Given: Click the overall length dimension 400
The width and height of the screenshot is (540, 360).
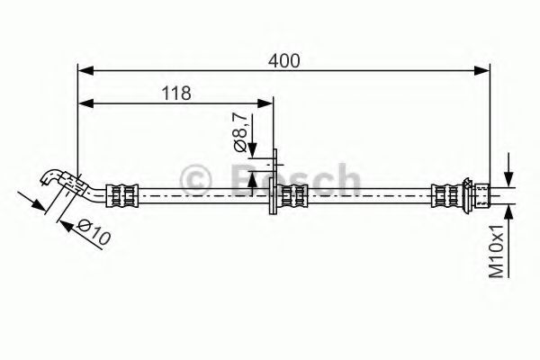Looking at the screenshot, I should (x=284, y=60).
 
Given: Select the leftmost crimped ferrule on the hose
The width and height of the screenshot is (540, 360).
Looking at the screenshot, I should (x=122, y=192).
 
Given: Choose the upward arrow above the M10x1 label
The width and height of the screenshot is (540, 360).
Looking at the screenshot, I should (x=508, y=211).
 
